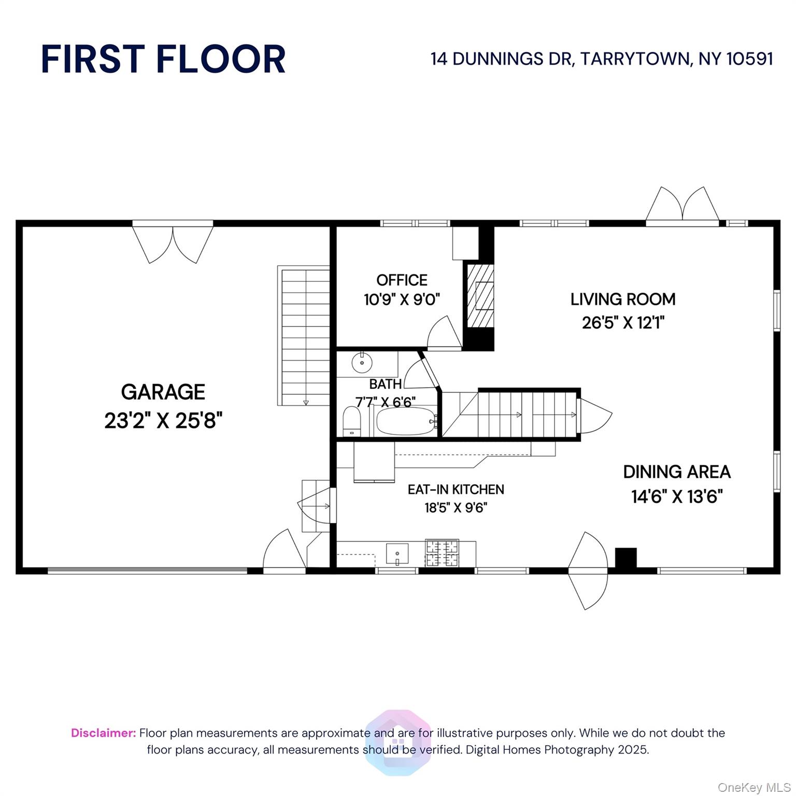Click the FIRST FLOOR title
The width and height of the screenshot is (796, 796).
[163, 59]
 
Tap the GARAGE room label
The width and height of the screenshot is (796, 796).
[163, 392]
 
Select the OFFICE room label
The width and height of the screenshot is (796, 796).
[402, 280]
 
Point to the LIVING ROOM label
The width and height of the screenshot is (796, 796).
[623, 299]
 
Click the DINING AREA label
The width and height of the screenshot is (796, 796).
[677, 472]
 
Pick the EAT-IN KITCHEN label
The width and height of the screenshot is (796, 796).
[456, 489]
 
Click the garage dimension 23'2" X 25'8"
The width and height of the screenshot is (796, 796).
[163, 420]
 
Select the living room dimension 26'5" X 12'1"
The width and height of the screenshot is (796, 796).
[623, 323]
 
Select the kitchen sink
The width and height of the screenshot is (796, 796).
[397, 553]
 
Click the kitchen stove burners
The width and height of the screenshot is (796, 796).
[442, 553]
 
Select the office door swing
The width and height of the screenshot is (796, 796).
[444, 332]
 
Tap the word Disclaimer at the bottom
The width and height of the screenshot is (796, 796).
[104, 733]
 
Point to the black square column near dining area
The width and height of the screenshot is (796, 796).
[626, 558]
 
